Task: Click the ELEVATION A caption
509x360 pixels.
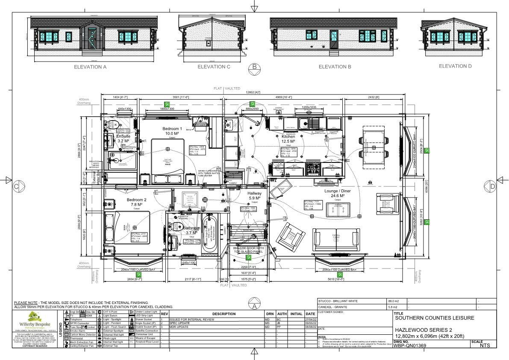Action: pyautogui.click(x=90, y=67)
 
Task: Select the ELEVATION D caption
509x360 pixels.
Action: pyautogui.click(x=455, y=66)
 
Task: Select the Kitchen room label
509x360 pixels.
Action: pyautogui.click(x=288, y=136)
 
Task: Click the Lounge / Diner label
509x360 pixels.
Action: pyautogui.click(x=337, y=191)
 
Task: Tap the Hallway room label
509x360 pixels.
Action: pyautogui.click(x=255, y=194)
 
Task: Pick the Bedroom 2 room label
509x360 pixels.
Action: pyautogui.click(x=137, y=200)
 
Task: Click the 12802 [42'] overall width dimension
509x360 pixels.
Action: pyautogui.click(x=253, y=92)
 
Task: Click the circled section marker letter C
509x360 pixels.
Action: pyautogui.click(x=17, y=186)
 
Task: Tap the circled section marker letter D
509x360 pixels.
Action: pyautogui.click(x=492, y=186)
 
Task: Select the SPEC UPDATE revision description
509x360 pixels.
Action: pyautogui.click(x=180, y=323)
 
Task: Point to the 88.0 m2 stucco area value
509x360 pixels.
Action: pyautogui.click(x=392, y=301)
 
